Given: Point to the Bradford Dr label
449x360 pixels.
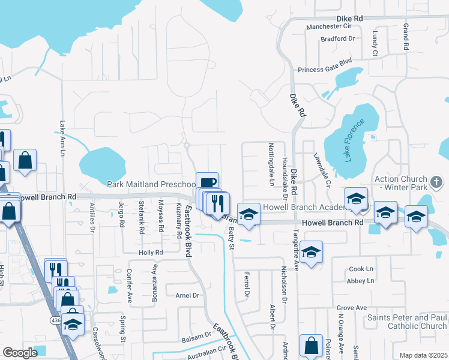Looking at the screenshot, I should pos(338,38).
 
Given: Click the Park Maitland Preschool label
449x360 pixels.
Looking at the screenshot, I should pos(151,184).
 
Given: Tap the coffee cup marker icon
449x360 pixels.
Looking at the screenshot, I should pos(207,182).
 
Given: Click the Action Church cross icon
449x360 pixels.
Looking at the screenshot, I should pos(436,180).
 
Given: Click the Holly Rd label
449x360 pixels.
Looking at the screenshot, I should pos(151,253).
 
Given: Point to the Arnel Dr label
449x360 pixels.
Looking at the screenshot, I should pos(187,295).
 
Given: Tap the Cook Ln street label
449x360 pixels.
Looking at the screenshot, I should pos(360,270).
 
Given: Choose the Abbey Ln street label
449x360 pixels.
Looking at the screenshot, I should pos(360,281).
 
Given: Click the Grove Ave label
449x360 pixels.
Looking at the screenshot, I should pos(352,308).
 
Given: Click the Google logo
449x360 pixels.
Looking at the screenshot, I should pos(20,353).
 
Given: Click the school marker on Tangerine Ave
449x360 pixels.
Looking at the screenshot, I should pos(311,251).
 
